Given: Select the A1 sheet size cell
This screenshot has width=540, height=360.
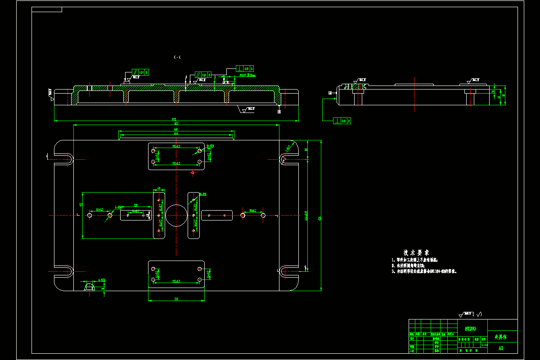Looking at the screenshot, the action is [501, 348].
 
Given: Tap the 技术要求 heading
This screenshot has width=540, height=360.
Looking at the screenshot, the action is [416, 252].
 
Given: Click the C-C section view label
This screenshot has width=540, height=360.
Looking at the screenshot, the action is [177, 57].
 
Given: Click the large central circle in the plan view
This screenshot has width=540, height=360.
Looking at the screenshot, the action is [176, 215].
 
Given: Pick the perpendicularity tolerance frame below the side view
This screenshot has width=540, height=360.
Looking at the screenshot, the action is [342, 121].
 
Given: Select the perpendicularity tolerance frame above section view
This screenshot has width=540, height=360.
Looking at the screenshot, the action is [245, 68].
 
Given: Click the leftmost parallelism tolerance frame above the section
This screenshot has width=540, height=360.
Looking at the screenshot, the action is [140, 72].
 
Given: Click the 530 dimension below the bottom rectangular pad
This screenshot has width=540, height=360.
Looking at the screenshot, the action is [176, 298].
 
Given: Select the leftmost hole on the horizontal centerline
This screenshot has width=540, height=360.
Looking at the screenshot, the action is [90, 216].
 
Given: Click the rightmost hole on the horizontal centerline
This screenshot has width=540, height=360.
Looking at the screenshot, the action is [263, 216].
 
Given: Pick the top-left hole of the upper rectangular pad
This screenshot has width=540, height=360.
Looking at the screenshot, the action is [153, 151].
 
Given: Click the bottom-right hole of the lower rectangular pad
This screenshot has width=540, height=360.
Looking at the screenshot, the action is [199, 280].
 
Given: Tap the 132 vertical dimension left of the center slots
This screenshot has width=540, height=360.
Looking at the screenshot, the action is [81, 205].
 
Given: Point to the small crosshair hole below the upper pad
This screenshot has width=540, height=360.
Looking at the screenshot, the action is [193, 172].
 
